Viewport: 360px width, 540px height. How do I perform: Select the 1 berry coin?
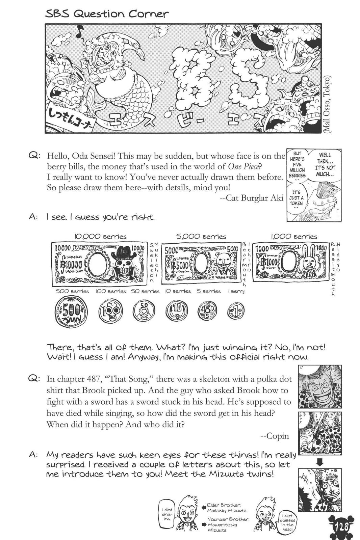pos(236,310)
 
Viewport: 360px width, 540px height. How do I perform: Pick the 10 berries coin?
pos(177,310)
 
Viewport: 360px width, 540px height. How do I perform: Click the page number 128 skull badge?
pos(341,526)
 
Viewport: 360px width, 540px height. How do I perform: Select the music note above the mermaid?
pos(80,32)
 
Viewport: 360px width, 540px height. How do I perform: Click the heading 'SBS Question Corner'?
pos(107,14)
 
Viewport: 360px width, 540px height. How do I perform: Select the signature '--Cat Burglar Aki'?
pos(251,198)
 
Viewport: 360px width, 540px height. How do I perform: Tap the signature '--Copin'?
pos(275,436)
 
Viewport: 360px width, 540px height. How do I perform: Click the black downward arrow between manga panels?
pos(319,463)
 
